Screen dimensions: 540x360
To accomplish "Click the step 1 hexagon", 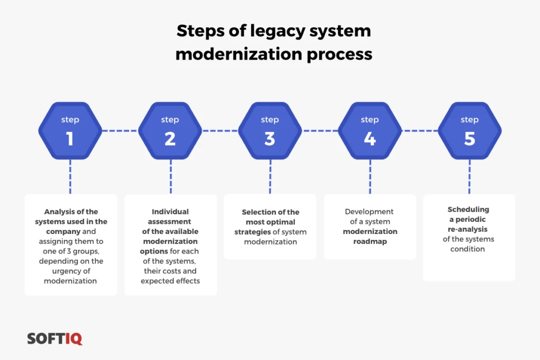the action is [x=70, y=131].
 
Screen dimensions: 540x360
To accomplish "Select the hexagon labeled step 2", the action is [x=170, y=131].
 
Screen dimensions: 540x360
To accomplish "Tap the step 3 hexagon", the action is [x=270, y=131].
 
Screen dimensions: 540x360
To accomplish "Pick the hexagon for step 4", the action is [x=370, y=131].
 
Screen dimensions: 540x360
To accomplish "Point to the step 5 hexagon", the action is [x=470, y=131].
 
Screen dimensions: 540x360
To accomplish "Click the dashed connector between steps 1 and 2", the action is [x=120, y=131].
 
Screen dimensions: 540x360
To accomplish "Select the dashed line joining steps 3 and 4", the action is [x=320, y=131].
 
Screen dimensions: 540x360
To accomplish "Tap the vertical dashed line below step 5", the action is [x=469, y=177].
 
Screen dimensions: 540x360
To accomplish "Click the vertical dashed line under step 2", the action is [x=171, y=177].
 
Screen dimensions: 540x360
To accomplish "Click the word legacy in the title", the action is [x=277, y=31].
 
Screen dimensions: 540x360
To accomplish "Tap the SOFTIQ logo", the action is [x=55, y=338].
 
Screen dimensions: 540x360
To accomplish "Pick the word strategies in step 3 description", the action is [x=253, y=232].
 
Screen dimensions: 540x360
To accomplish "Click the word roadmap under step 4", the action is [x=370, y=241].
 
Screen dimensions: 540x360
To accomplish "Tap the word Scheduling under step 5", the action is [x=468, y=210].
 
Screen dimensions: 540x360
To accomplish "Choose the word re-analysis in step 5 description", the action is [x=468, y=230].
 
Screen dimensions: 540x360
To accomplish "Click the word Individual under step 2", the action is [x=170, y=212].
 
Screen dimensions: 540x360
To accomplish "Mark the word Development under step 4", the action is [x=369, y=212].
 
